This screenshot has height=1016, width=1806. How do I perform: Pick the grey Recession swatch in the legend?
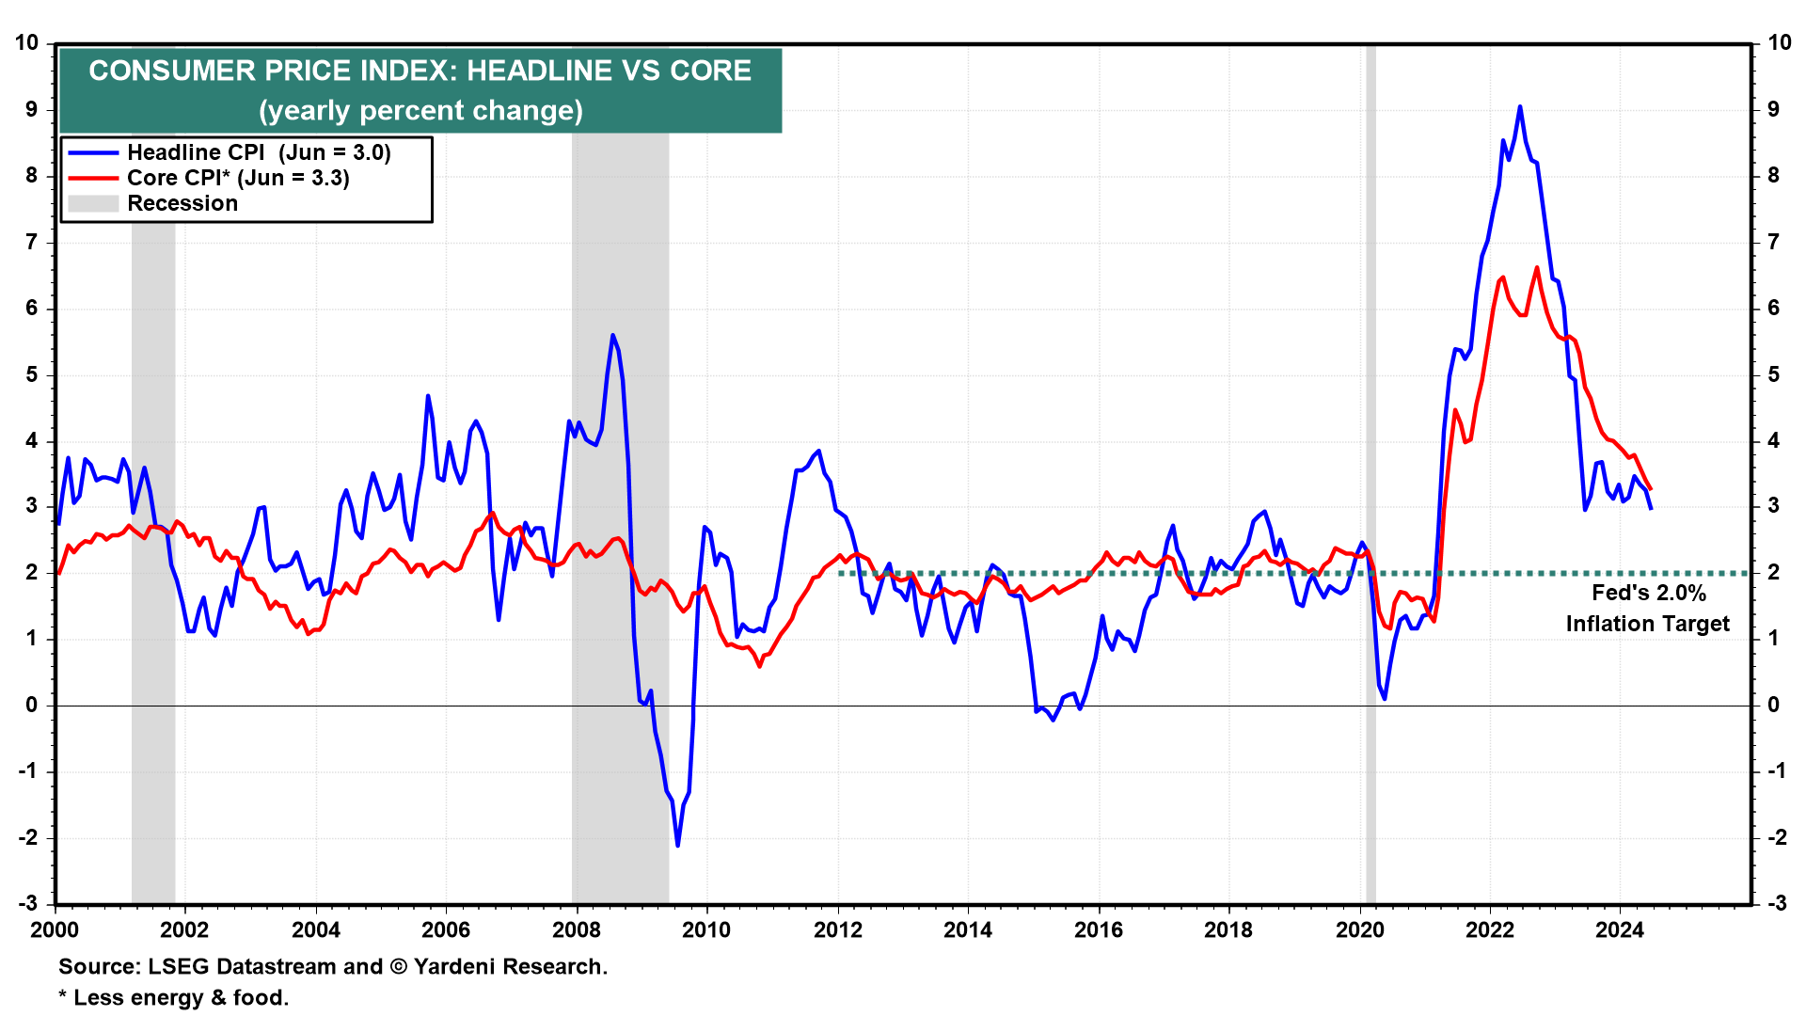[x=93, y=203]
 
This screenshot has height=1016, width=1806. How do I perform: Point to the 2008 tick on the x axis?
[x=576, y=930]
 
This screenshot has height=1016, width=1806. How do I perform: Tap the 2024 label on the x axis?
[x=1619, y=930]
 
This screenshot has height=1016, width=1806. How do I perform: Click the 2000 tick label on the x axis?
[x=55, y=930]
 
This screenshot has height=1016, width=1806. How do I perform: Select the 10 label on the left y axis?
[x=26, y=43]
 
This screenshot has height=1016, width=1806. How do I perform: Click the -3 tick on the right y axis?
[x=1776, y=903]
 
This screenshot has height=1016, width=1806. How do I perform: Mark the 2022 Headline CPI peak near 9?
[x=1520, y=107]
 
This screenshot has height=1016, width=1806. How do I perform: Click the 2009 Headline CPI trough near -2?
[x=677, y=845]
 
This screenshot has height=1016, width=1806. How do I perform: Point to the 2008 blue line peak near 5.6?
[x=612, y=335]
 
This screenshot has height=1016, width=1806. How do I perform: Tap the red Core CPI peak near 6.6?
[x=1537, y=268]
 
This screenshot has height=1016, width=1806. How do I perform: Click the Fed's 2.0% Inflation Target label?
[x=1647, y=608]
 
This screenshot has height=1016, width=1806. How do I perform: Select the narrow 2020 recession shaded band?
[x=1370, y=470]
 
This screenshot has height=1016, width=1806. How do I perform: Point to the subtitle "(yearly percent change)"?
[x=420, y=111]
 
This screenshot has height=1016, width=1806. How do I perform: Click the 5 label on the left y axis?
[x=32, y=374]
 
